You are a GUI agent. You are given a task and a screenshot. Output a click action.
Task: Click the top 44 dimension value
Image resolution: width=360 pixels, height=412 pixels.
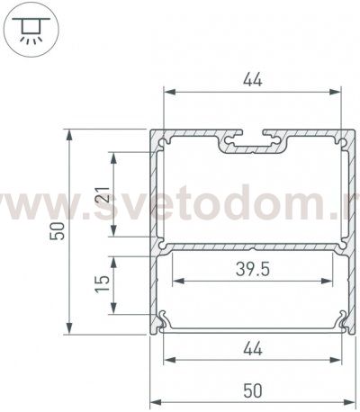click(252, 80)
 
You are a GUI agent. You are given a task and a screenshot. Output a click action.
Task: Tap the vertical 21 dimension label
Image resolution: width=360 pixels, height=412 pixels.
click(102, 193)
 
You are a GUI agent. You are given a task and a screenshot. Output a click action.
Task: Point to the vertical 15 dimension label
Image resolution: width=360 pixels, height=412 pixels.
click(102, 285)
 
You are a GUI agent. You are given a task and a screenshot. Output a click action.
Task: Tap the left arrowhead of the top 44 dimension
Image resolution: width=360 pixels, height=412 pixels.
click(167, 92)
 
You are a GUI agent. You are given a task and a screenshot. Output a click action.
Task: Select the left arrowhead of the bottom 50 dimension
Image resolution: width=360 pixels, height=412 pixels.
click(154, 402)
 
